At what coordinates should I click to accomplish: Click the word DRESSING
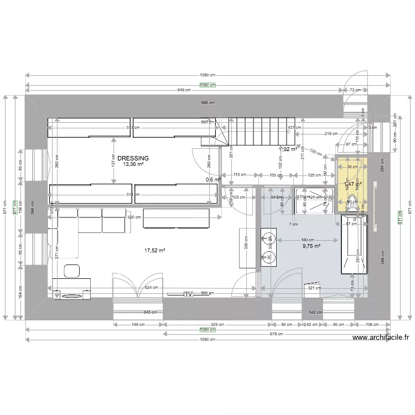(133, 158)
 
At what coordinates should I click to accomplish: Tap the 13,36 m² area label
(133, 164)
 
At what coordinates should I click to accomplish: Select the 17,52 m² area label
(155, 251)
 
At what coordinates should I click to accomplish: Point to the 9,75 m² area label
(312, 247)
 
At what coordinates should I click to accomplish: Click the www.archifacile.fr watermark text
(380, 338)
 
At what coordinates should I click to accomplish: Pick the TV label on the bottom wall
(188, 294)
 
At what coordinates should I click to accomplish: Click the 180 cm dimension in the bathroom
(308, 240)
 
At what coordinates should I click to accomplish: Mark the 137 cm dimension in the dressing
(113, 162)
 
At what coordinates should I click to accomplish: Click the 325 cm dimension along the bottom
(217, 325)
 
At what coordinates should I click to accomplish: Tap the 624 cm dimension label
(151, 288)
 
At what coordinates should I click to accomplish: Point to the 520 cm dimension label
(133, 217)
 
